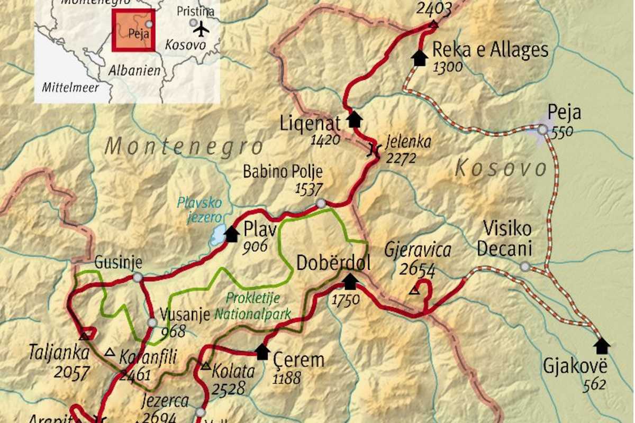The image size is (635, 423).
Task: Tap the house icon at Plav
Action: point(231,234)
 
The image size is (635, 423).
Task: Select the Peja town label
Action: point(564,113)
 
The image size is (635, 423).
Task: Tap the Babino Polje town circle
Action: point(321,204)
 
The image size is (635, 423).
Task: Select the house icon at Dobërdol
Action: point(350,281)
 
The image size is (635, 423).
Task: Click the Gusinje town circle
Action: point(138,278)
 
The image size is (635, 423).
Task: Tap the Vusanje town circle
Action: point(152,323)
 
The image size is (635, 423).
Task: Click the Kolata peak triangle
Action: point(205,366)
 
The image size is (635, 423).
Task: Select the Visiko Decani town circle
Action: point(524,266)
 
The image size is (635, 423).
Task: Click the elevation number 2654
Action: point(417,270)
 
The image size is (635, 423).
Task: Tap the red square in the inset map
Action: point(133,30)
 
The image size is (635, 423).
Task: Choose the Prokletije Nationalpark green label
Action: point(252,306)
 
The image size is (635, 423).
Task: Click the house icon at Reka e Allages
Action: point(420,58)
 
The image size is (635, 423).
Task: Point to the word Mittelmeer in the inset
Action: point(70,87)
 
